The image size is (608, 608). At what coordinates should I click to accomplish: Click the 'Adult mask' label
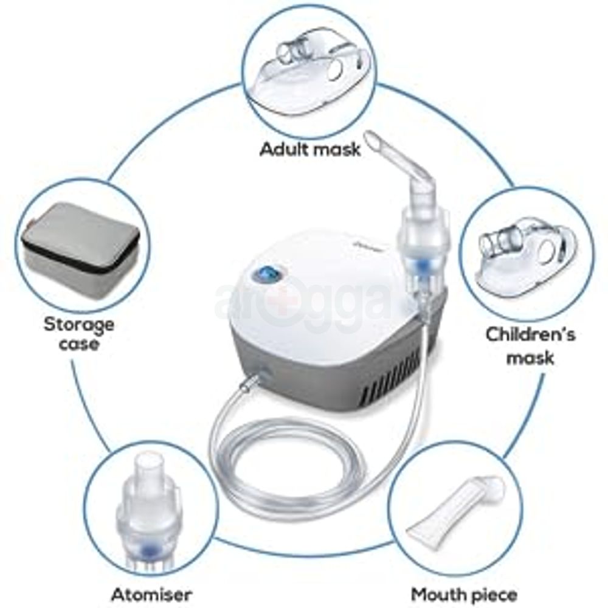click(x=310, y=150)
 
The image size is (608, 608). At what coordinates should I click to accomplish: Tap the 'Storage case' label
click(x=78, y=334)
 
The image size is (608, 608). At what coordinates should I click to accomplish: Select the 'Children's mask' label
click(x=530, y=345)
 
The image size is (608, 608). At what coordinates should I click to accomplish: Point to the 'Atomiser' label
click(x=151, y=594)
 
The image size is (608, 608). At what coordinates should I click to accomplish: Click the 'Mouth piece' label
click(x=464, y=594)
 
